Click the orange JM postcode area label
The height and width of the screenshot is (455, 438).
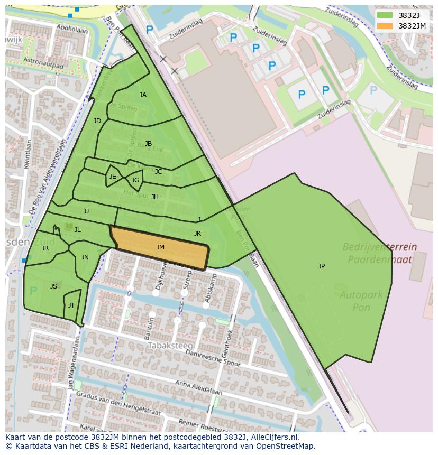160,247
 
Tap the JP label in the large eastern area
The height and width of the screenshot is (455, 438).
322,266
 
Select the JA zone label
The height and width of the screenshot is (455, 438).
143,95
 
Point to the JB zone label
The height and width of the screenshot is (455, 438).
148,144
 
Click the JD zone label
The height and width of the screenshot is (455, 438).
97,121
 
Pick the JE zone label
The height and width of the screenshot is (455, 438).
113,177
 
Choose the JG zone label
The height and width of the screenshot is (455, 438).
135,180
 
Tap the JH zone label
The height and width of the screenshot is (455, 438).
155,197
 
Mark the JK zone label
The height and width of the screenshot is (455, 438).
197,234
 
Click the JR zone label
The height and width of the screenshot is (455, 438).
45,248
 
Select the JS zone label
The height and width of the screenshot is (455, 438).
53,286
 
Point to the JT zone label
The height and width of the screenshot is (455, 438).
71,305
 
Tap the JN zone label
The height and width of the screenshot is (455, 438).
85,257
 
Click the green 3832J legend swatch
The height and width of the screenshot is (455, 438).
385,15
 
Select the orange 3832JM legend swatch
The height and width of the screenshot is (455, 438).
385,26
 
